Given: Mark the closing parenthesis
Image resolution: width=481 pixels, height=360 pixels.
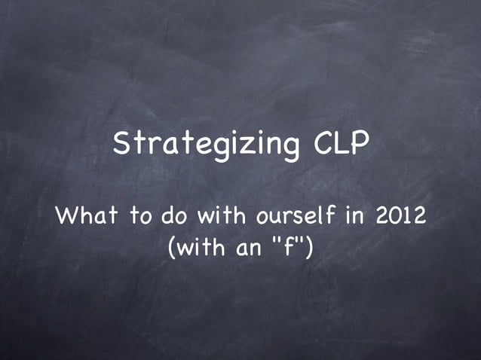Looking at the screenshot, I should (x=308, y=247).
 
